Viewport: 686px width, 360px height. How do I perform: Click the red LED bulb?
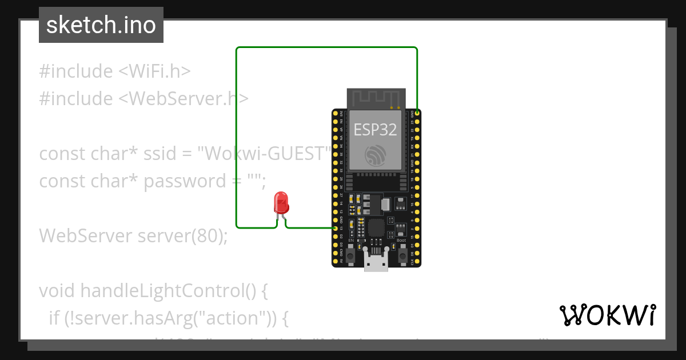click(x=281, y=202)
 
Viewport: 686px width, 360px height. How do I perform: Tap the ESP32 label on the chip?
click(x=375, y=130)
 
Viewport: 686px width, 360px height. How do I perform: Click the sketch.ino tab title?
click(x=101, y=25)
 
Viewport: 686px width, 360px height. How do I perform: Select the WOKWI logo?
click(x=608, y=315)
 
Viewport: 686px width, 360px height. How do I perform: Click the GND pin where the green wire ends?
click(x=417, y=113)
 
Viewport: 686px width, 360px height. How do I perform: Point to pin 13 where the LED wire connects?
click(x=336, y=228)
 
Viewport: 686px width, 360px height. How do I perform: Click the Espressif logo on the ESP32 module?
click(x=375, y=154)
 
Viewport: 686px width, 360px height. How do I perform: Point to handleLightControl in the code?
click(x=162, y=290)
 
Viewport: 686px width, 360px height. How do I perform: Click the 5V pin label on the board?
click(x=341, y=261)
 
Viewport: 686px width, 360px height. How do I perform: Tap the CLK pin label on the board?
click(x=412, y=261)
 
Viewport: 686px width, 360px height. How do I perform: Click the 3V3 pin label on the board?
click(x=341, y=113)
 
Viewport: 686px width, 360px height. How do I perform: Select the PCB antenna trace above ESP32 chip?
click(x=375, y=98)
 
